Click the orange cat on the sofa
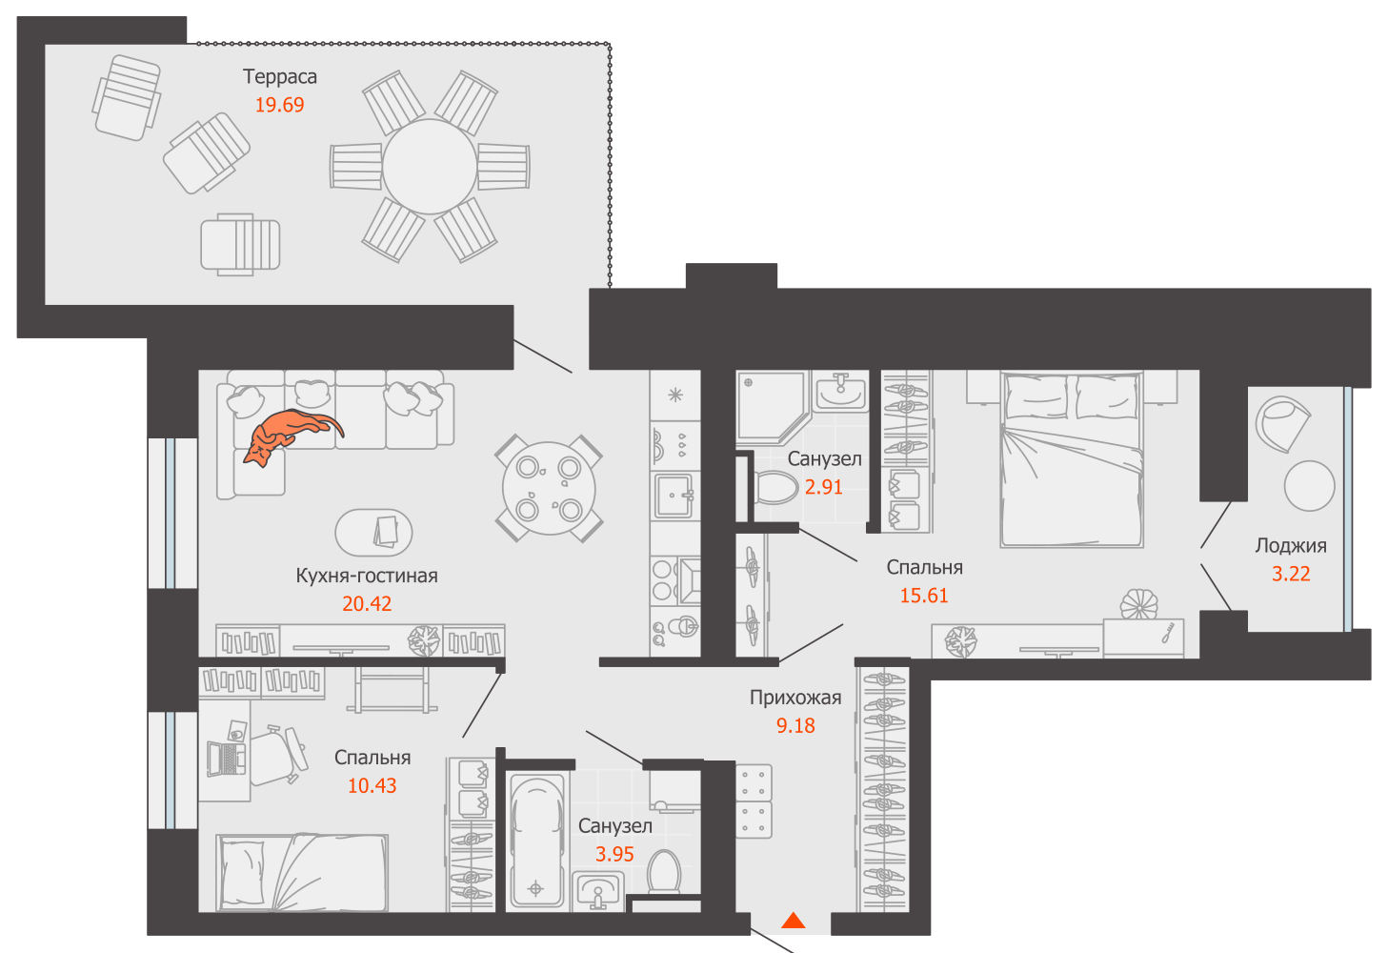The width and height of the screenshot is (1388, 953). click(x=286, y=435)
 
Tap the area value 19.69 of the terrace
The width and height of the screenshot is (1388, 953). click(x=279, y=105)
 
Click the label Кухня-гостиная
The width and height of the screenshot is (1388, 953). click(x=367, y=576)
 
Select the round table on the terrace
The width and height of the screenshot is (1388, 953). click(x=430, y=167)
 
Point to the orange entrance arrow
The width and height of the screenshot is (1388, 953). click(x=794, y=921)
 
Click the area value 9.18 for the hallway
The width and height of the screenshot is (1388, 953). click(x=795, y=726)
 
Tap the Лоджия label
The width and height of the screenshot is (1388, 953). click(x=1291, y=546)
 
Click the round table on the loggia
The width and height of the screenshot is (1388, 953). click(x=1309, y=485)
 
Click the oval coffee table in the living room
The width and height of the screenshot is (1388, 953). click(x=374, y=532)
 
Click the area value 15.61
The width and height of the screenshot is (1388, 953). click(x=924, y=596)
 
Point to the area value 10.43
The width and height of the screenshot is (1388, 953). click(x=372, y=786)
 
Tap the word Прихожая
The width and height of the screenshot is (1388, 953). click(x=795, y=698)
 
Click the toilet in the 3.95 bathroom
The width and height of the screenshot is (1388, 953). click(x=664, y=871)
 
